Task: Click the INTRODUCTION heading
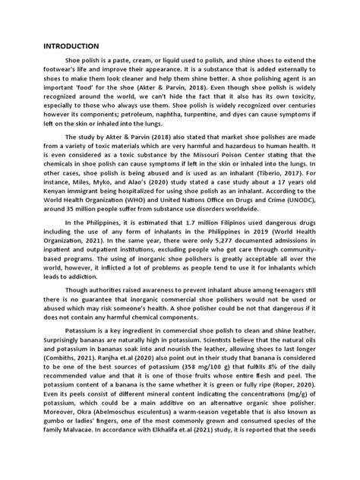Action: (75, 46)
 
